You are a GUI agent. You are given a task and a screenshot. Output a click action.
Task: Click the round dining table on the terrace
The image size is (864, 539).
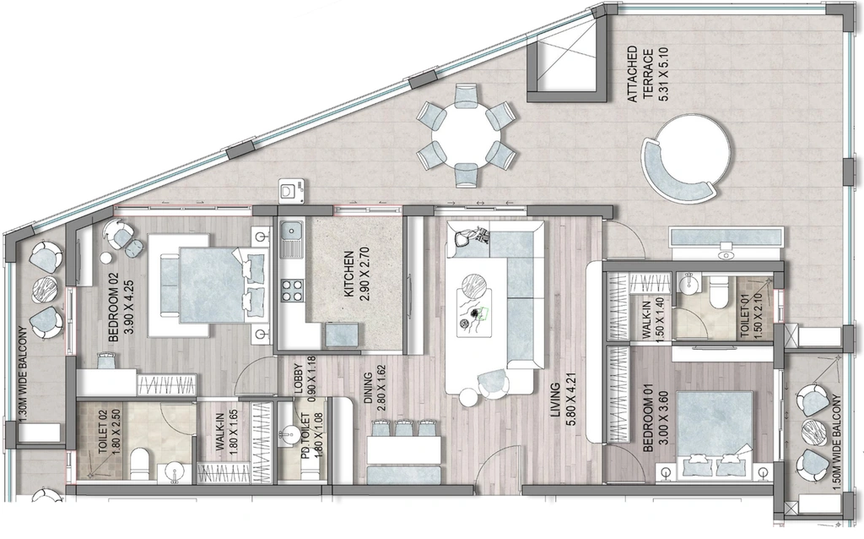pos(467,134)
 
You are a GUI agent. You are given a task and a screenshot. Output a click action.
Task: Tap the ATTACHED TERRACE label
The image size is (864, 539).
pos(648,74)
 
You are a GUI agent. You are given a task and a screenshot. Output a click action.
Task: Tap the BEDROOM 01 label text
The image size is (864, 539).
pos(656,422)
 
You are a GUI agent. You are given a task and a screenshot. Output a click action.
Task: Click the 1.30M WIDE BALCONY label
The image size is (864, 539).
pos(23,376)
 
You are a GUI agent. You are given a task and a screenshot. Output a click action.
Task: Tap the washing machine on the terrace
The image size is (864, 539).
pos(291,190)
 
